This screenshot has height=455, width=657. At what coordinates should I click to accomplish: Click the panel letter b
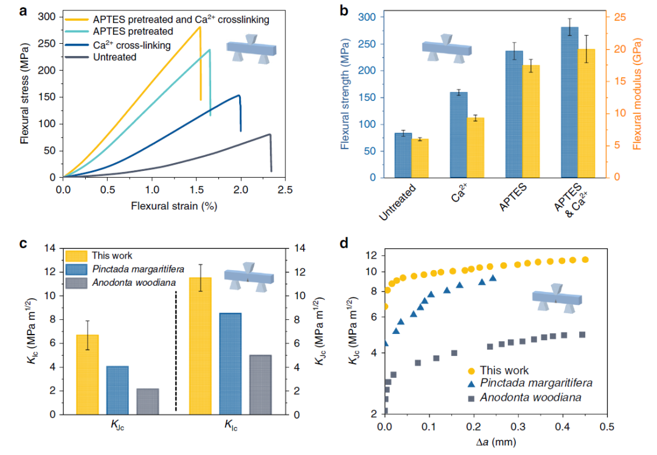tap(344, 10)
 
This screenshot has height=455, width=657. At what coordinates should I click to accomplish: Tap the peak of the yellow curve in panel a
tap(200, 27)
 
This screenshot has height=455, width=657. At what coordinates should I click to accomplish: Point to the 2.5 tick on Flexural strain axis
tap(285, 190)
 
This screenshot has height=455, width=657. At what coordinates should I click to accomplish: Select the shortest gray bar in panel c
tap(147, 401)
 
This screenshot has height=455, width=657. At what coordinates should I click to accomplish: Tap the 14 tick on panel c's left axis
tap(51, 248)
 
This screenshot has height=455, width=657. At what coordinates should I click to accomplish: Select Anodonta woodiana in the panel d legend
tap(530, 397)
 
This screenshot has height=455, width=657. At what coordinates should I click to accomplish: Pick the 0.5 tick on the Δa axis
tap(606, 428)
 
